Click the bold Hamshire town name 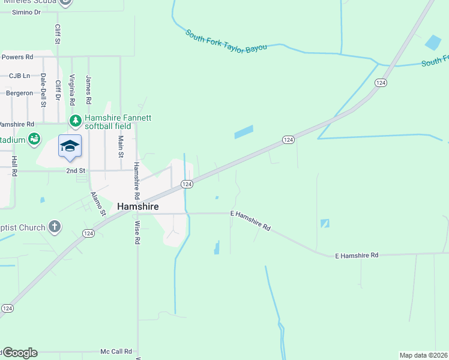point(138,206)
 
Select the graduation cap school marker point(70,146)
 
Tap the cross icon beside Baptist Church point(55,227)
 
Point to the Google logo point(20,353)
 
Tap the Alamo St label point(98,204)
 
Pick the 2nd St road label point(76,170)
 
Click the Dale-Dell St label point(43,90)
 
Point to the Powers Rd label point(17,57)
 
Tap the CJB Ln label point(19,76)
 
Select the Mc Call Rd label point(116,352)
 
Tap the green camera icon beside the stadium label point(34,139)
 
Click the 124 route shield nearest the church point(88,233)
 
